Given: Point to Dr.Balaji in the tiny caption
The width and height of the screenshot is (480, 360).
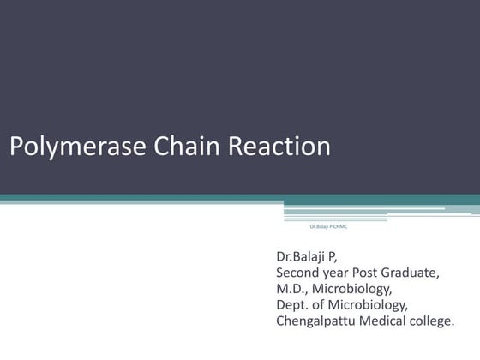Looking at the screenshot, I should coord(319,226).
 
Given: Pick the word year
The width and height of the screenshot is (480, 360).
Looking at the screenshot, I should coord(343,273).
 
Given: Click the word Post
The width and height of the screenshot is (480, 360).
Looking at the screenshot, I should coord(378,273).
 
